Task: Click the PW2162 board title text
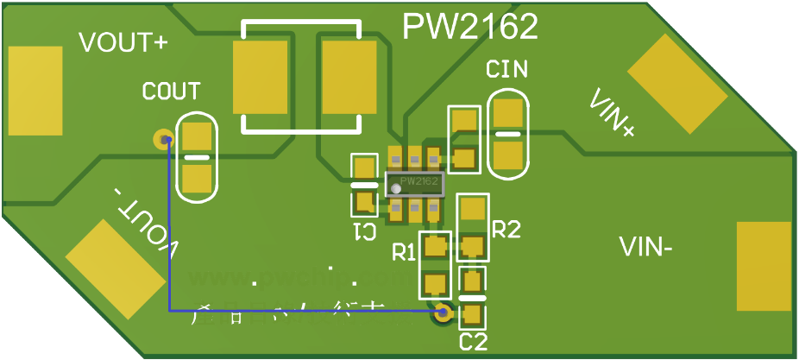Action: (x=470, y=27)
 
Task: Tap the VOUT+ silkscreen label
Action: (x=123, y=43)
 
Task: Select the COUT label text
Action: (x=171, y=91)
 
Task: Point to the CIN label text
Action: (x=506, y=70)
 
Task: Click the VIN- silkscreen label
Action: (x=646, y=248)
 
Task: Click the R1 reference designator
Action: (x=404, y=253)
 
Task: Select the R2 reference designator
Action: (x=506, y=229)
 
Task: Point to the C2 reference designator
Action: (x=473, y=341)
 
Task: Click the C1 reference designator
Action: (x=364, y=231)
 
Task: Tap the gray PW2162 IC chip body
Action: (x=414, y=183)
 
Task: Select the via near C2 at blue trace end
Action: (x=444, y=313)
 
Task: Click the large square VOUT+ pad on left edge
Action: (x=35, y=91)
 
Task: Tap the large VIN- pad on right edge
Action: (x=764, y=266)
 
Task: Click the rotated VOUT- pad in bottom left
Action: (x=115, y=268)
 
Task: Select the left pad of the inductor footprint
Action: (x=260, y=78)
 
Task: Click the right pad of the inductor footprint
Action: (x=349, y=78)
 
